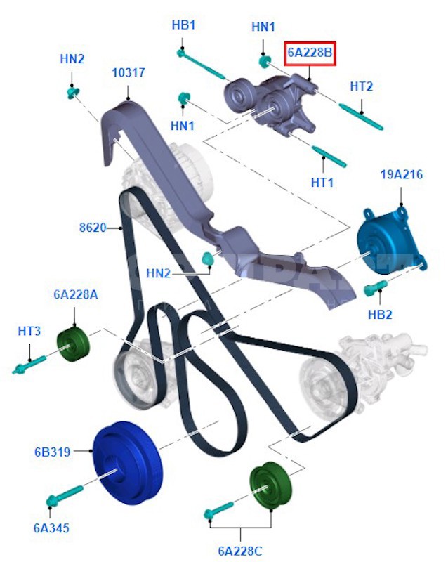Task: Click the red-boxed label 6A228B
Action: (x=310, y=53)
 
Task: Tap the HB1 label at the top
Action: (x=183, y=25)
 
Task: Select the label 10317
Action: (x=129, y=73)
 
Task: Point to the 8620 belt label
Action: (x=93, y=228)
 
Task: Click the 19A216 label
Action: (x=402, y=174)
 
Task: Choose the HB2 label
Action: (x=380, y=315)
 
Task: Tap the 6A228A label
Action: (x=76, y=294)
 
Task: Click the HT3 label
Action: (x=29, y=331)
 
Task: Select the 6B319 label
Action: (x=53, y=452)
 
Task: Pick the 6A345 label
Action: (x=51, y=528)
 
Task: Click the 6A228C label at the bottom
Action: (x=240, y=551)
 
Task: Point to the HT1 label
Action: (x=322, y=183)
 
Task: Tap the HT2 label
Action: (x=361, y=86)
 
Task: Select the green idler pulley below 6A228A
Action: (x=73, y=345)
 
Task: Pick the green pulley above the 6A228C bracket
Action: (x=270, y=485)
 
